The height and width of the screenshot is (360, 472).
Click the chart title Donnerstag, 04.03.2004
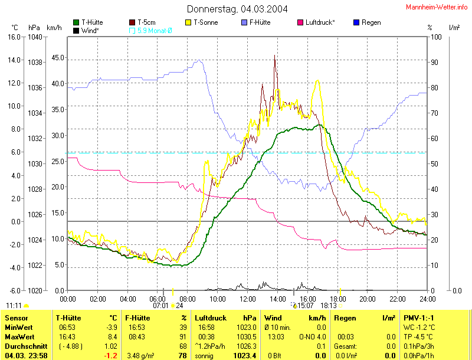pyautogui.click(x=237, y=9)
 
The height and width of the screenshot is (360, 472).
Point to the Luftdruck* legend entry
pyautogui.click(x=319, y=22)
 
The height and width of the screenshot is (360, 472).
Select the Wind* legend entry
pyautogui.click(x=89, y=30)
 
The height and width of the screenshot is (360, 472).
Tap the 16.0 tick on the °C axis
pyautogui.click(x=14, y=37)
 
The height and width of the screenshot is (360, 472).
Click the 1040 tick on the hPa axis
pyautogui.click(x=35, y=37)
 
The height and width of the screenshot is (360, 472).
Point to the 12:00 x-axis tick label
pyautogui.click(x=248, y=298)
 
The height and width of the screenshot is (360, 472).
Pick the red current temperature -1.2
pyautogui.click(x=110, y=355)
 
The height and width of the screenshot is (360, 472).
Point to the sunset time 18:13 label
pyautogui.click(x=327, y=306)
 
